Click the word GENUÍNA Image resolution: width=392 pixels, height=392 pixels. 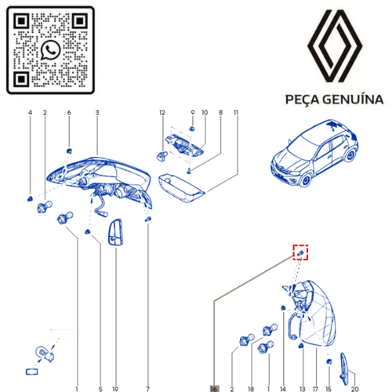353,100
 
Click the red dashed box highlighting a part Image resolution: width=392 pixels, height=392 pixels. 300,252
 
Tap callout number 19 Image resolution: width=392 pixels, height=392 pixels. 115,387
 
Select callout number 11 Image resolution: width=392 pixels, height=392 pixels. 236,114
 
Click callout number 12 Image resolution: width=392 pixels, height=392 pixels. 162,114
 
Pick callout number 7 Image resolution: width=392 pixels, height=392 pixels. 147,387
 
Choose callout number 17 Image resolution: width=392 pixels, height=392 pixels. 315,387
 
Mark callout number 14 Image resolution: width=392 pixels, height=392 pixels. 282,387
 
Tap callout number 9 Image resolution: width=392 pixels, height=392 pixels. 192,114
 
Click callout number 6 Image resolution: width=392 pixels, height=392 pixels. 69,114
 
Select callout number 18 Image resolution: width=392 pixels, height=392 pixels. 251,387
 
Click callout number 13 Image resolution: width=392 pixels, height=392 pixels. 301,387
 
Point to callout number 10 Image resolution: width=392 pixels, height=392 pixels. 204,114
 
